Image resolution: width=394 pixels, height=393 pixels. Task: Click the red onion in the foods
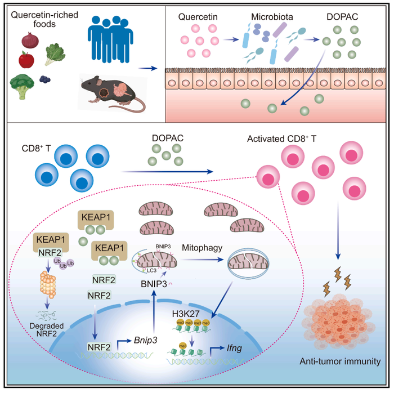click(30, 41)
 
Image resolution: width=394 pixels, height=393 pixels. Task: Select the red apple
click(26, 59)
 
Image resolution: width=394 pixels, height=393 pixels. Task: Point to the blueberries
click(45, 79)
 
